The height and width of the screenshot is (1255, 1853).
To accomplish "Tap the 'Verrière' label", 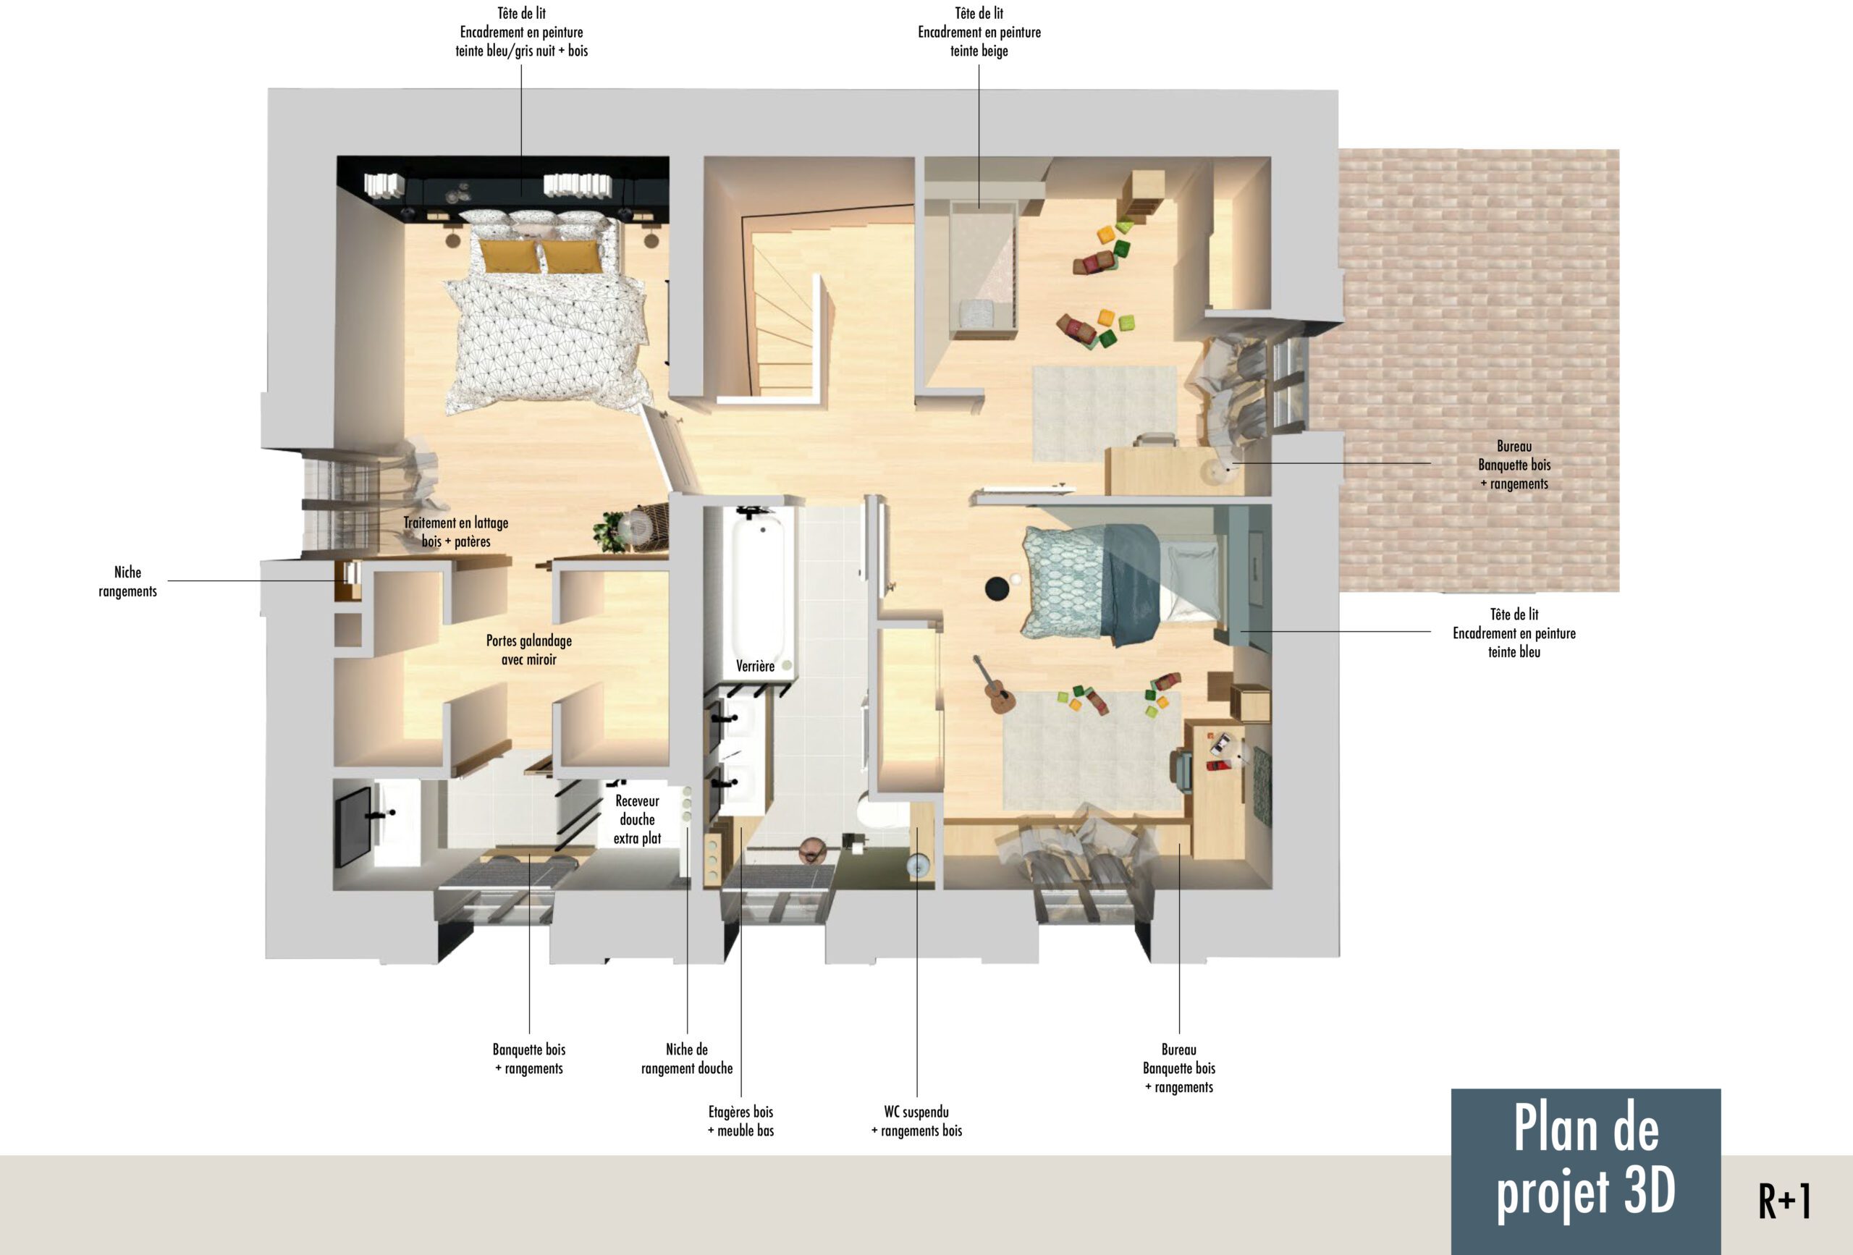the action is (x=755, y=667).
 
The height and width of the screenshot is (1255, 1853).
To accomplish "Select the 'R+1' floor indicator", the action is (x=1785, y=1201).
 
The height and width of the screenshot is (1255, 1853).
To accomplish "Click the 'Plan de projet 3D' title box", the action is (x=1586, y=1170).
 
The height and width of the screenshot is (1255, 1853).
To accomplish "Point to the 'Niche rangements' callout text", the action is (x=127, y=582).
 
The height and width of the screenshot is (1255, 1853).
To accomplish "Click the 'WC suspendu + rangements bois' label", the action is (x=917, y=1121).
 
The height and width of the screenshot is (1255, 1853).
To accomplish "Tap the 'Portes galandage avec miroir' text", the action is (x=529, y=650).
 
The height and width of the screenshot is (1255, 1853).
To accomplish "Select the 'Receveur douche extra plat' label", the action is (x=637, y=819).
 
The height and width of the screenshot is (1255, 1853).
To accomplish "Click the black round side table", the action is (x=997, y=589).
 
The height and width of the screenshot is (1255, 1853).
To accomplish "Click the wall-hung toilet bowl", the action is (x=874, y=815).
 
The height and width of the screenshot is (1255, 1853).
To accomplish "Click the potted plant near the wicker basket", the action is (x=611, y=532).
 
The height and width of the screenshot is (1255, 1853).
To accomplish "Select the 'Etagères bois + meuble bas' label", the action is (x=741, y=1121).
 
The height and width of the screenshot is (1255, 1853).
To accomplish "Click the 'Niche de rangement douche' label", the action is (x=688, y=1059).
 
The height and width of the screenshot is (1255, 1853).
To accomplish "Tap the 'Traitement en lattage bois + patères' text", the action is (x=456, y=532).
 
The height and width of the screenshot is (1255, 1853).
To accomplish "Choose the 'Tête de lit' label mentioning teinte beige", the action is (x=979, y=32).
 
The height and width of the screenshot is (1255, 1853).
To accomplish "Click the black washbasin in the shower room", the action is (x=353, y=825).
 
